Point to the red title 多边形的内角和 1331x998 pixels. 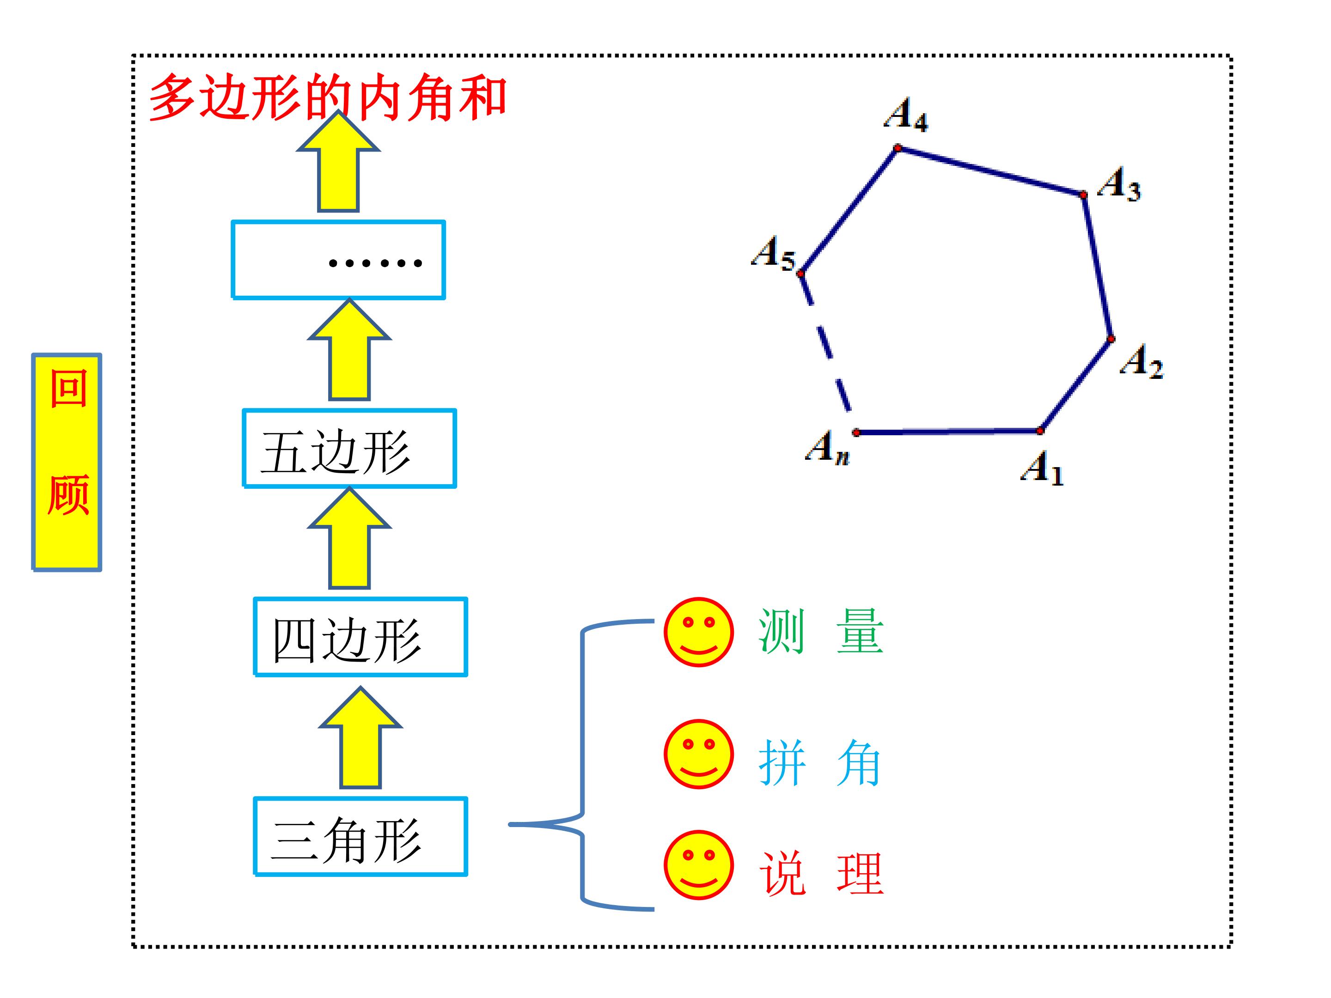(328, 97)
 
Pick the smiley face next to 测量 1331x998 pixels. (699, 632)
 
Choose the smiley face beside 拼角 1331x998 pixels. (699, 754)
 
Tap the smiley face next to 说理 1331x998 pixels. (699, 865)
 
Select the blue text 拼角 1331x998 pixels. (819, 763)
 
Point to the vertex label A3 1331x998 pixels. (1118, 183)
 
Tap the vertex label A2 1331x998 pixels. (1142, 361)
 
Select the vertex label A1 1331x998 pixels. (1042, 468)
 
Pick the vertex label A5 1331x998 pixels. (773, 252)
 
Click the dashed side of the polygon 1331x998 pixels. (825, 343)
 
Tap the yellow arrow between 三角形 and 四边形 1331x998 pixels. (360, 737)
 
